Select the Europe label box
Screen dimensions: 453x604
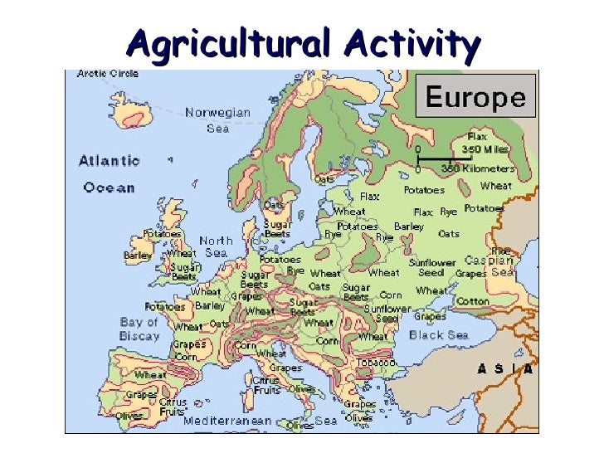(475, 98)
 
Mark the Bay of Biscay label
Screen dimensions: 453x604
(139, 328)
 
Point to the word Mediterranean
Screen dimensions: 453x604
(224, 421)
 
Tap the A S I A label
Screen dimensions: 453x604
(504, 369)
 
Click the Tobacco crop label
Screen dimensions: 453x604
(376, 362)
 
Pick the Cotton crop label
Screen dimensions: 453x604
(473, 301)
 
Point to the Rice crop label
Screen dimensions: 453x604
(500, 250)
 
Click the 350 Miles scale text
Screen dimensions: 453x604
(488, 149)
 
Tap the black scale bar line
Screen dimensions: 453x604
(434, 158)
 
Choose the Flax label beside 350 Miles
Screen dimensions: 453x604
(478, 135)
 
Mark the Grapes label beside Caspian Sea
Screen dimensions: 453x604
(470, 274)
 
